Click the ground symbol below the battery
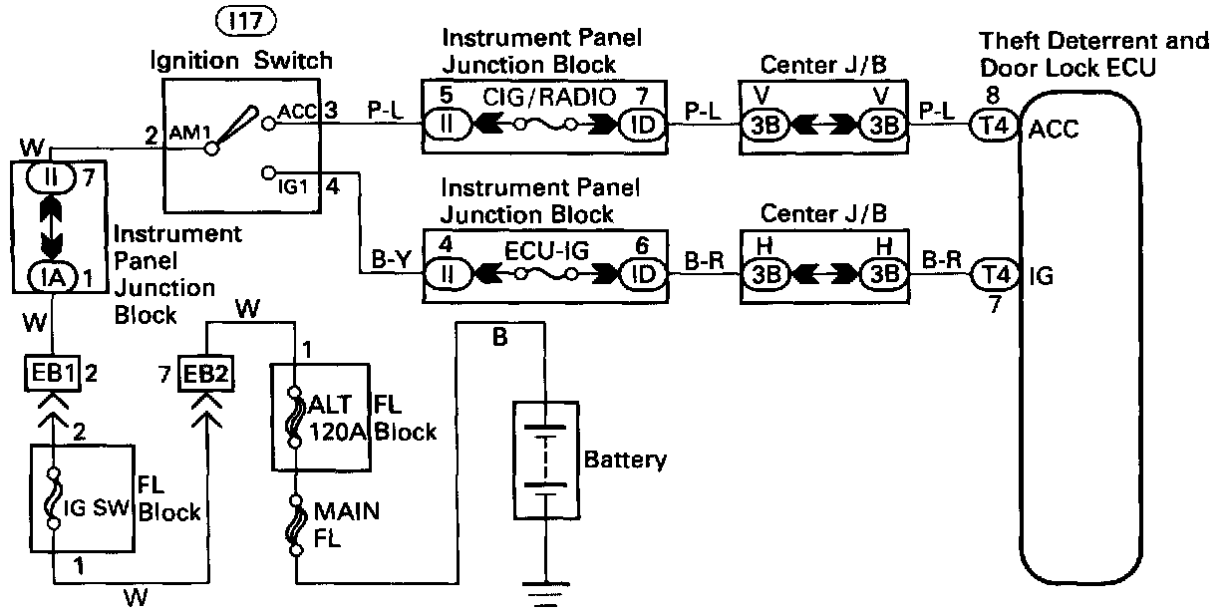coord(545,597)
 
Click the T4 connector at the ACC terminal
coord(991,128)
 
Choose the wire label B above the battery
coord(500,339)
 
